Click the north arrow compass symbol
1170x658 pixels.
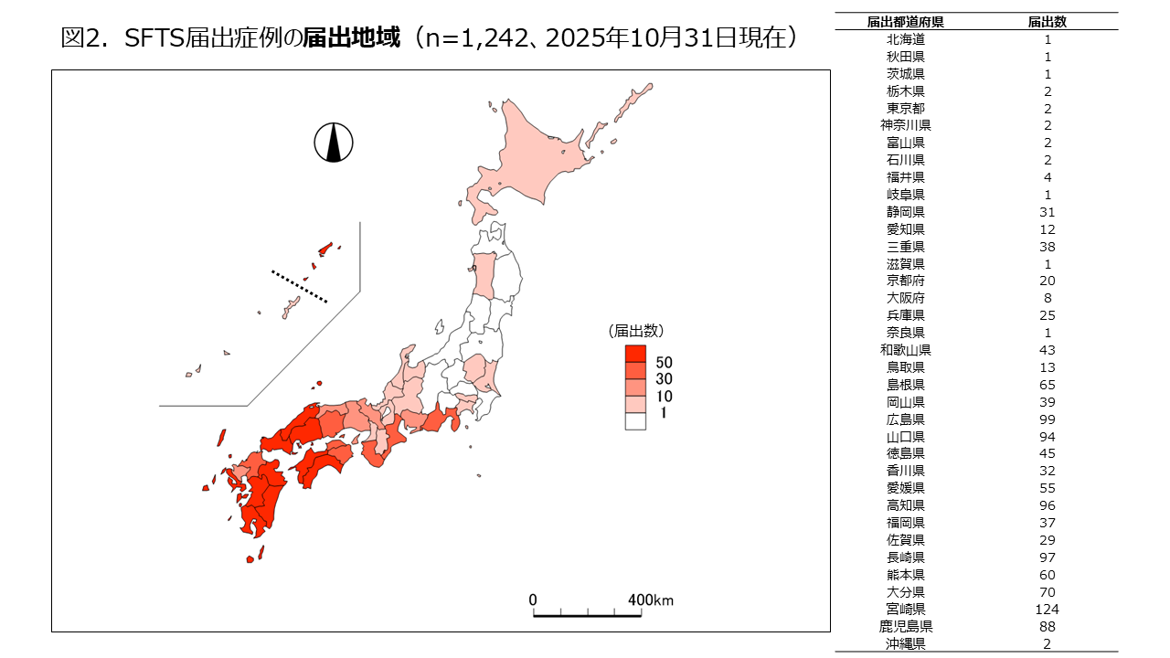pyautogui.click(x=334, y=143)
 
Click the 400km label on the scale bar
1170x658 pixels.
pyautogui.click(x=650, y=600)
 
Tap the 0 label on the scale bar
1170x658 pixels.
pyautogui.click(x=533, y=600)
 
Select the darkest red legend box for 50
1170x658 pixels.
pyautogui.click(x=635, y=355)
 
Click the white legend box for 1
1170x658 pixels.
pyautogui.click(x=635, y=421)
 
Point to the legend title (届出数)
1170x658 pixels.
pyautogui.click(x=636, y=330)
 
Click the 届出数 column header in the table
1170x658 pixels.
pyautogui.click(x=1048, y=22)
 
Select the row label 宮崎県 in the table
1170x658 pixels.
pyautogui.click(x=905, y=610)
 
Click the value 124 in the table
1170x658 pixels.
pyautogui.click(x=1048, y=610)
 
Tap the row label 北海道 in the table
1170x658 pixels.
pyautogui.click(x=905, y=39)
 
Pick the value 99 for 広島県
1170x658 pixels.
pyautogui.click(x=1048, y=419)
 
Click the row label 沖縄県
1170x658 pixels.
pyautogui.click(x=905, y=643)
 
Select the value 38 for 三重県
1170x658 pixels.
pyautogui.click(x=1048, y=247)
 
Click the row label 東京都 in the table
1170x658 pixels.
pyautogui.click(x=905, y=108)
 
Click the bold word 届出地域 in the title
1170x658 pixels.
pyautogui.click(x=352, y=38)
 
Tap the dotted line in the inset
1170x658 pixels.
pyautogui.click(x=299, y=285)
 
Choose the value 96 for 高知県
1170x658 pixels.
pyautogui.click(x=1048, y=505)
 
